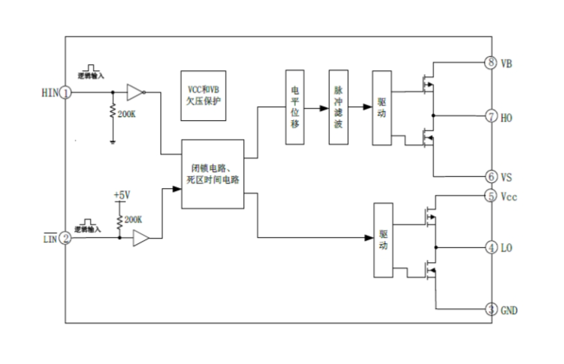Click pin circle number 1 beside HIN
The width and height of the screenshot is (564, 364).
point(66,92)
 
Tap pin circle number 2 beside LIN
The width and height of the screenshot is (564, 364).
point(66,238)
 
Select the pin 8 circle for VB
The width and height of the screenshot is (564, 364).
point(491,63)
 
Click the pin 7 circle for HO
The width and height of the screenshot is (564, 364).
point(491,116)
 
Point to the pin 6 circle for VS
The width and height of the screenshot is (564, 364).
point(491,176)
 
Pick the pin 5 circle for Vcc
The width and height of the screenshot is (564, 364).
point(491,196)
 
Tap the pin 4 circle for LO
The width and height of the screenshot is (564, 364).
point(491,248)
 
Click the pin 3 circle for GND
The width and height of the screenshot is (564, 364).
point(491,310)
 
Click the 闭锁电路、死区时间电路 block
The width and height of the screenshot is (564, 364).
point(213,174)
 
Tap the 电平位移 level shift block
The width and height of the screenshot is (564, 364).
point(295,106)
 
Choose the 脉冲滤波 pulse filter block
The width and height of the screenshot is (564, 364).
point(338,106)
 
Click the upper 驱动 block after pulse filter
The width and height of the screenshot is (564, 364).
point(382,106)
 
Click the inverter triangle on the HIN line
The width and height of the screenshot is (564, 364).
point(134,92)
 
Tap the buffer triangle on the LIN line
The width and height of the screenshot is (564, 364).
point(140,238)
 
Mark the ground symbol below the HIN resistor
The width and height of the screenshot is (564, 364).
point(113,140)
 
